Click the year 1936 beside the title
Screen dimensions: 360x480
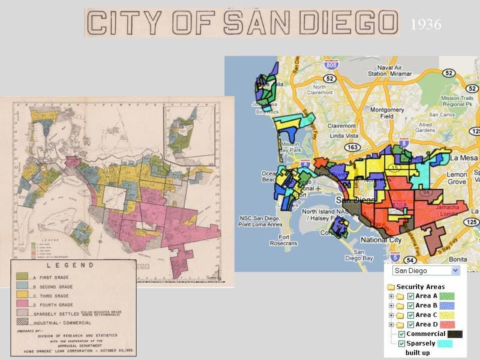click(426, 25)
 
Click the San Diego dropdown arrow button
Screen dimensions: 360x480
click(455, 271)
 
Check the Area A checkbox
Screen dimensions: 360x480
click(410, 296)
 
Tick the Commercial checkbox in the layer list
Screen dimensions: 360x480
click(401, 334)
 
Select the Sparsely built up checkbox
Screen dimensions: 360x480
click(401, 344)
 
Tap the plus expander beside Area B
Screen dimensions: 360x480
click(391, 306)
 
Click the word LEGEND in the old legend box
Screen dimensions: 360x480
click(73, 265)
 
